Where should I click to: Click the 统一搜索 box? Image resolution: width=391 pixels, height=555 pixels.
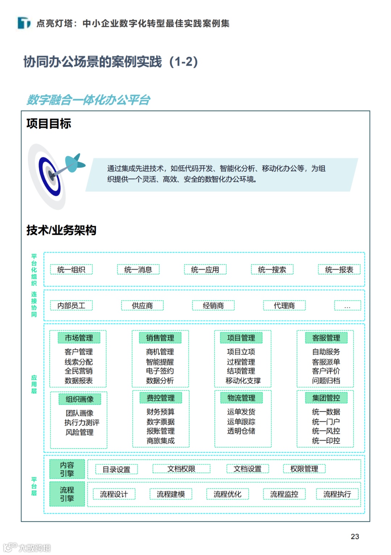point(272,270)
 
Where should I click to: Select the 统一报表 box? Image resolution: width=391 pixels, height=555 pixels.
point(339,270)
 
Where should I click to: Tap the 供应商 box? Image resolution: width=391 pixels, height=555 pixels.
point(142,306)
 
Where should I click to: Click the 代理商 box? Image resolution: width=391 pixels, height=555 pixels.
point(284,306)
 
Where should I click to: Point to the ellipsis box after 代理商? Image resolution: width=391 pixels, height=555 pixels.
point(347,306)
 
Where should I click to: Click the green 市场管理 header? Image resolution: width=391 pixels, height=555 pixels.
point(79,338)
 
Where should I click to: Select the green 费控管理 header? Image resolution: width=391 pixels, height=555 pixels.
point(161,398)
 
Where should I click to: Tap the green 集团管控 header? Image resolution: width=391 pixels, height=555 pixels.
point(326,398)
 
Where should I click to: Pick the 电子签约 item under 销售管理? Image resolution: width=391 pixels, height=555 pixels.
point(160,371)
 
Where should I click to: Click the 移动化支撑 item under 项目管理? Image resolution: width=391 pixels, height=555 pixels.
point(243,381)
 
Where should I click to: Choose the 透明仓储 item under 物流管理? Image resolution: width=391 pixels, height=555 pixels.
point(241,431)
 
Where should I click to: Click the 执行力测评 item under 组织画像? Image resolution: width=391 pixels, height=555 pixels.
point(82,423)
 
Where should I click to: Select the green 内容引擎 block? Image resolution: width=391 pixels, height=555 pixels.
point(67,469)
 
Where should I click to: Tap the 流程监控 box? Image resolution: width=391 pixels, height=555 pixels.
point(284,494)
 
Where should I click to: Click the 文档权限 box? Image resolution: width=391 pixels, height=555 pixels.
point(181,469)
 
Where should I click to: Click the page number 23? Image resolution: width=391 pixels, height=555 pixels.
point(355,537)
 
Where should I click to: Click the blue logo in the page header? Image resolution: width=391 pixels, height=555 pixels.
point(24,23)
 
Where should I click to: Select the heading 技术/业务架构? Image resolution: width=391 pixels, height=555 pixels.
point(61,230)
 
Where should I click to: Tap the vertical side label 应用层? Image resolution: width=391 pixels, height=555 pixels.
point(34,384)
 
